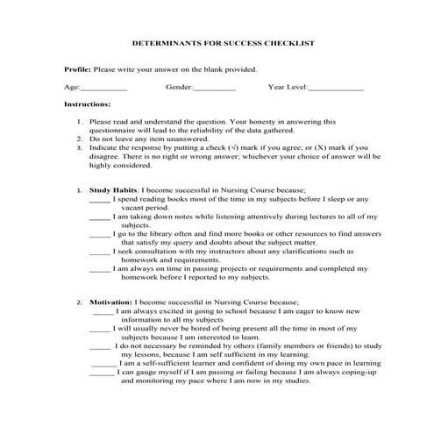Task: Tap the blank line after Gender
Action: (x=214, y=89)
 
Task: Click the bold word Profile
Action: (x=77, y=68)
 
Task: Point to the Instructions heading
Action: (x=87, y=103)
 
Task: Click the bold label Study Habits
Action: (x=113, y=189)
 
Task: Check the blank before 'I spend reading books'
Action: (x=100, y=199)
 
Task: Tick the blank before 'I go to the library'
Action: (x=100, y=236)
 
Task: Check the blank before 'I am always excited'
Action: (x=103, y=310)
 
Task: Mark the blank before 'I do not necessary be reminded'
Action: (x=103, y=345)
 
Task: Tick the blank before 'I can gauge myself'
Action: (x=103, y=372)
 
